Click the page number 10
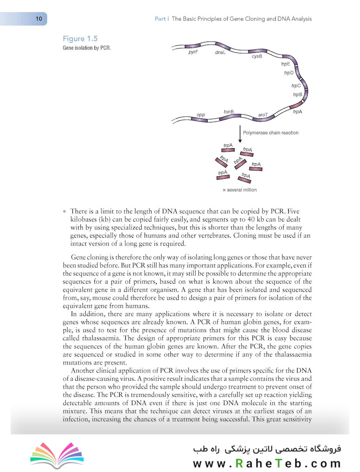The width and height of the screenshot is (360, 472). [x=39, y=19]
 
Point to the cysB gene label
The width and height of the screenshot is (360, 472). [x=257, y=56]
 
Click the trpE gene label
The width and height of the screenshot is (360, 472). [x=286, y=64]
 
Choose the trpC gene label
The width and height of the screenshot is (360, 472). [x=296, y=86]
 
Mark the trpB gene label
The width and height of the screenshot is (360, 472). [x=298, y=94]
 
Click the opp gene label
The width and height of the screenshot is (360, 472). [x=201, y=115]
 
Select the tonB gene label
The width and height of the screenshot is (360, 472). [x=229, y=112]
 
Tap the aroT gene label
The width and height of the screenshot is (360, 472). [x=263, y=115]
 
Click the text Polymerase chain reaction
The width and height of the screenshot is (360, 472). [x=271, y=132]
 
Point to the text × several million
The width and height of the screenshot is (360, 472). [x=240, y=190]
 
